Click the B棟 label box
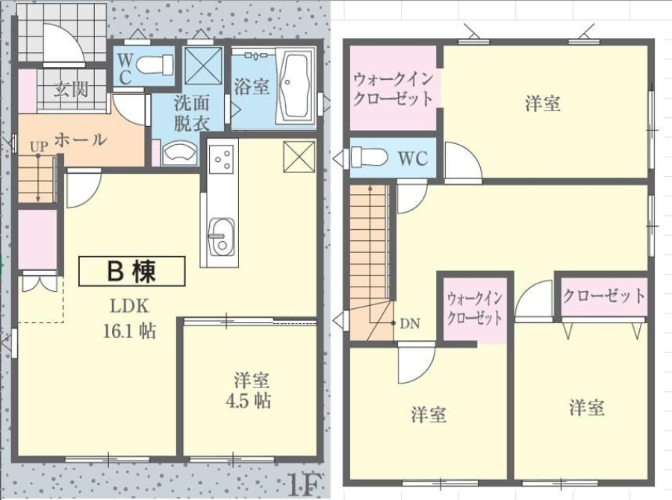click(132, 271)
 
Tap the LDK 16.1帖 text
click(129, 319)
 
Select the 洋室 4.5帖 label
click(249, 390)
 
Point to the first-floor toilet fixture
click(155, 65)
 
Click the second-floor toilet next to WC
click(369, 157)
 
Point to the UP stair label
click(39, 147)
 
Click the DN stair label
click(410, 324)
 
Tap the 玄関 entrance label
click(71, 90)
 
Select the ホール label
click(81, 140)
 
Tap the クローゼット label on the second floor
click(604, 296)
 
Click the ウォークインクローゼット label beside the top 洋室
click(393, 89)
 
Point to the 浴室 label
click(252, 86)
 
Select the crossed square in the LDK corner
click(299, 157)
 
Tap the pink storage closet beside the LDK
click(37, 240)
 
